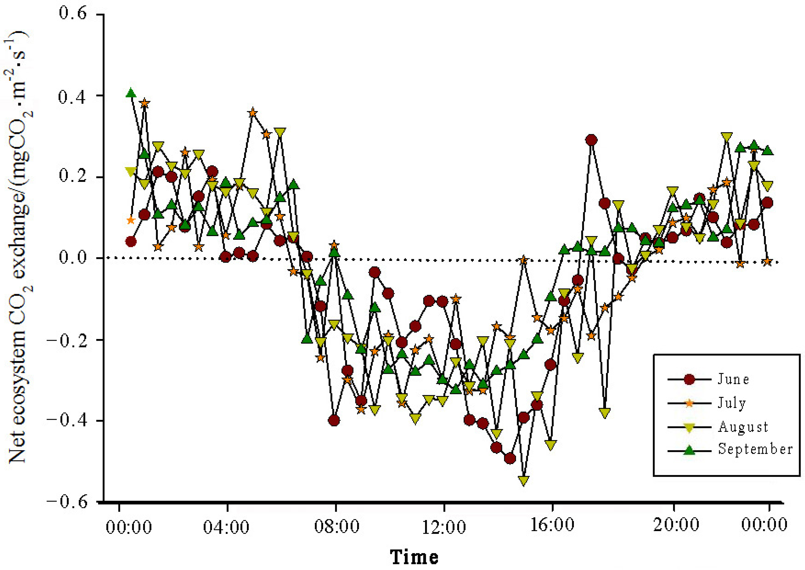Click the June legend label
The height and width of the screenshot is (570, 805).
pos(733,379)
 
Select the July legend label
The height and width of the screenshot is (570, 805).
pos(732,403)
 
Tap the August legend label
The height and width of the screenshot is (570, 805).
pos(743,427)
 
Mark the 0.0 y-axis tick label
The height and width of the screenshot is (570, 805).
pos(73,257)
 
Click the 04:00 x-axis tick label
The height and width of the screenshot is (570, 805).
pos(226,527)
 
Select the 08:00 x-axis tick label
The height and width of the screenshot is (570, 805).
pos(336,527)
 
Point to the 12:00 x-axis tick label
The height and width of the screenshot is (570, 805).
pos(444,527)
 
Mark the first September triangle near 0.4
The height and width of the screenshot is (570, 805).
pos(131,93)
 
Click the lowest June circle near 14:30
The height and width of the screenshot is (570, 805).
pos(510,458)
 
